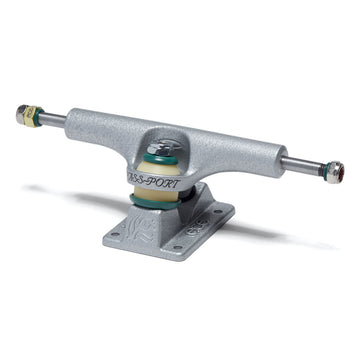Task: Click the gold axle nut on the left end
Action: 22,114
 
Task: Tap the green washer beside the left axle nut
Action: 33,118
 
